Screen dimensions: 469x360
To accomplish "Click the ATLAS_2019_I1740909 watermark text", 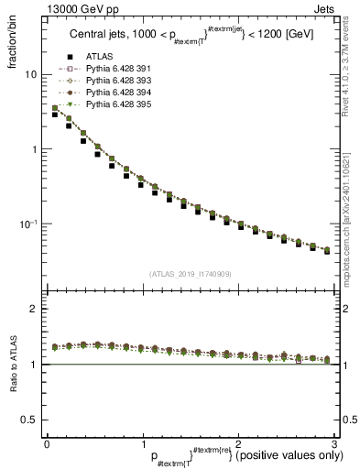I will pos(190,273).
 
